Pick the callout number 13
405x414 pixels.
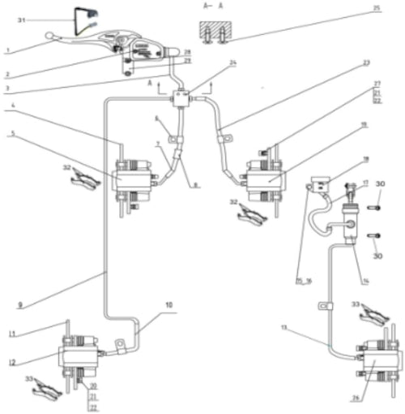[305, 327]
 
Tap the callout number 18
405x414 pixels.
[365, 161]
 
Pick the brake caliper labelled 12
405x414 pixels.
[78, 356]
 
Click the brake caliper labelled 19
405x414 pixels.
[266, 175]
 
